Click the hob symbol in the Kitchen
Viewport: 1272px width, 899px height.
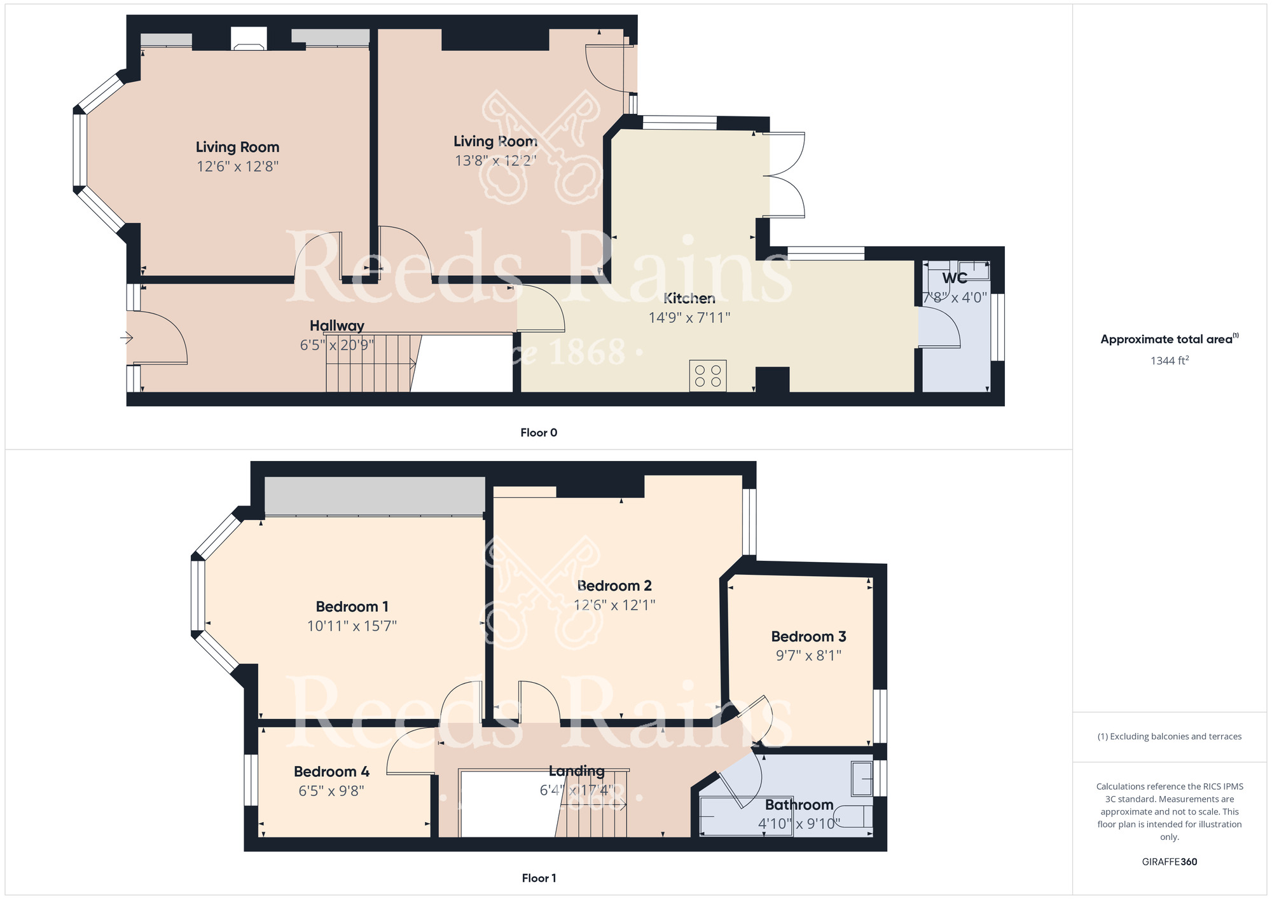[x=708, y=376]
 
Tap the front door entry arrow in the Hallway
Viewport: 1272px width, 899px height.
[x=127, y=338]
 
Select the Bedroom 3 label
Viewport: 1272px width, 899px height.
[x=808, y=636]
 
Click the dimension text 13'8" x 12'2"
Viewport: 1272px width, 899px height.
[x=495, y=160]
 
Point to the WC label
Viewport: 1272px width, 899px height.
[x=955, y=278]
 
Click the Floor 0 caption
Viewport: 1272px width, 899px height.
[x=539, y=432]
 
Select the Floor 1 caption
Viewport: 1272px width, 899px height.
[x=539, y=878]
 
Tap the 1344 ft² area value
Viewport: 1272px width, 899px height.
[x=1169, y=360]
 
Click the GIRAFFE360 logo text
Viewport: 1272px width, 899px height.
[x=1169, y=861]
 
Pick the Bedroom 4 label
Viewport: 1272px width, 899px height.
[x=331, y=771]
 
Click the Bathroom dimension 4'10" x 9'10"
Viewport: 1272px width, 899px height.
[x=799, y=823]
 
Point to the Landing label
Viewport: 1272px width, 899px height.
[x=576, y=771]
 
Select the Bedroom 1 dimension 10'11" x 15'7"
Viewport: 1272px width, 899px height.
[x=352, y=626]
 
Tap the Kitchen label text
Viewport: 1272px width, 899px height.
[x=689, y=298]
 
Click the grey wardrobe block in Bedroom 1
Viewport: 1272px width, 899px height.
[x=375, y=495]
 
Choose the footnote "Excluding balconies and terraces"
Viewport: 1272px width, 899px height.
[x=1169, y=736]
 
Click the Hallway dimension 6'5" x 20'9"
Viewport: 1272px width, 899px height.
[x=336, y=345]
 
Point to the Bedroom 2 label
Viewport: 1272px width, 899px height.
[x=614, y=586]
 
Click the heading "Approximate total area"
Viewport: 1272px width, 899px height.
[x=1166, y=339]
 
